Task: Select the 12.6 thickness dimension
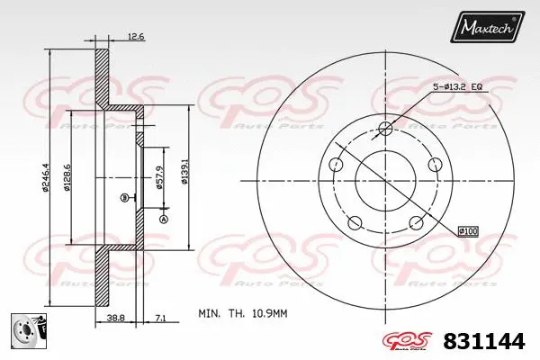pyautogui.click(x=135, y=37)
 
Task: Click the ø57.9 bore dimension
pyautogui.click(x=160, y=175)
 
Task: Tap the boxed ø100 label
pyautogui.click(x=467, y=230)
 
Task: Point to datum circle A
pyautogui.click(x=164, y=219)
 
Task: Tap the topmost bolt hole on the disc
pyautogui.click(x=386, y=127)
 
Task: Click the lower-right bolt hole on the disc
pyautogui.click(x=416, y=222)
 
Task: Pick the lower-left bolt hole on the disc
pyautogui.click(x=355, y=222)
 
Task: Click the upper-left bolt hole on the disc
pyautogui.click(x=337, y=164)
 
